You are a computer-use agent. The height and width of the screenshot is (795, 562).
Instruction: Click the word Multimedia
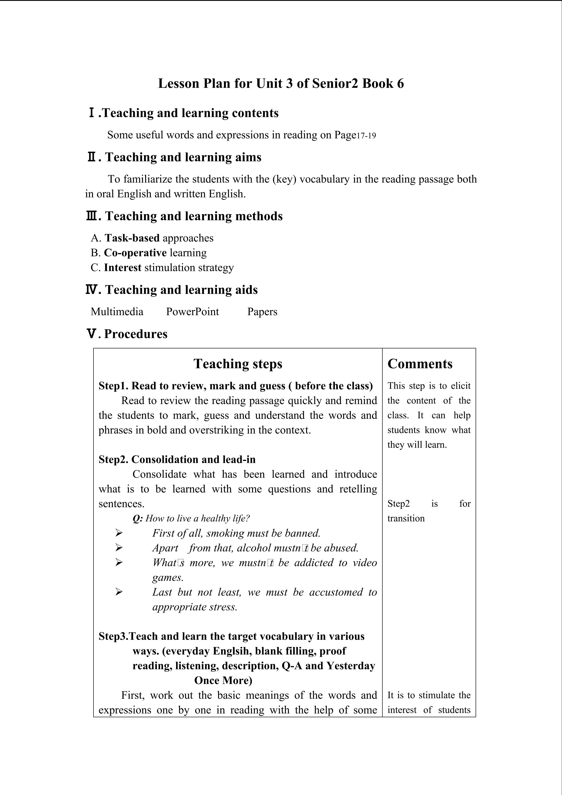click(117, 312)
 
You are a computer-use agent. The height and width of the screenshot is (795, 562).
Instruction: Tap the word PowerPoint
click(192, 312)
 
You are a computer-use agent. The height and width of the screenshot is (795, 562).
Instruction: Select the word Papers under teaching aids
click(262, 312)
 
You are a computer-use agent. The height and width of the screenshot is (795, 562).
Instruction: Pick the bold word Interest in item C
click(123, 268)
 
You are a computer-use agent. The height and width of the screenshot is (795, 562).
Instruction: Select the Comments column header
click(420, 364)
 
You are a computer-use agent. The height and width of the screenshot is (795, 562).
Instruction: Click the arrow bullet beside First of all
click(119, 533)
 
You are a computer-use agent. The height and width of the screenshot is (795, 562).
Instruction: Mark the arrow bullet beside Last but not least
click(119, 592)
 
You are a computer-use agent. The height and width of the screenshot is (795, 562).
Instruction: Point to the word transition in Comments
click(406, 518)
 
